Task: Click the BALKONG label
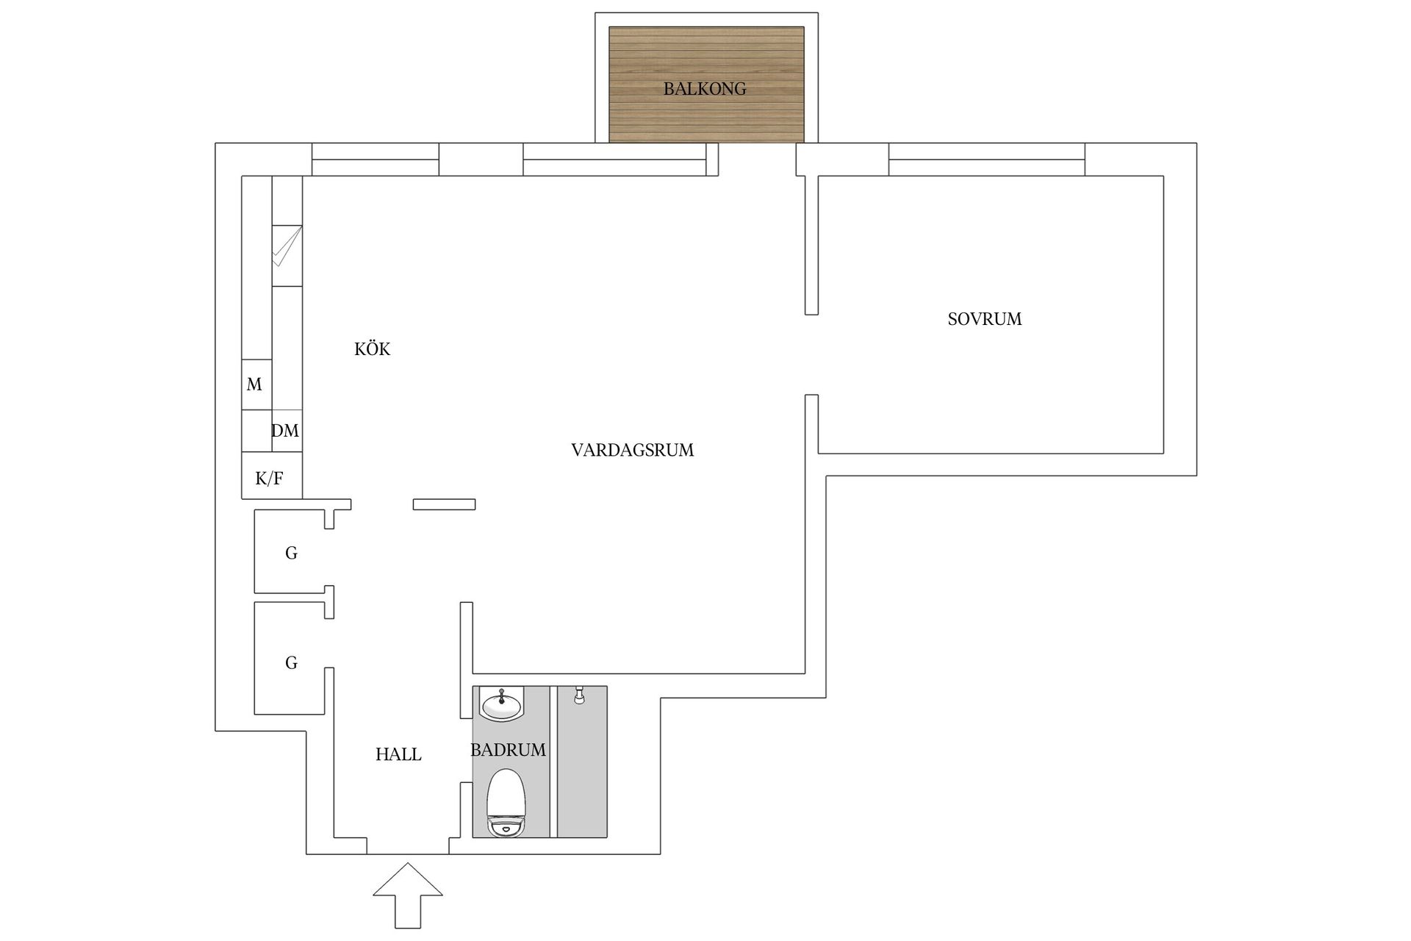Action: point(704,89)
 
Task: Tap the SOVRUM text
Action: point(984,319)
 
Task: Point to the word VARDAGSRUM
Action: point(632,450)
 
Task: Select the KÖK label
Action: point(372,349)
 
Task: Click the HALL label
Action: point(398,754)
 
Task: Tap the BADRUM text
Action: point(508,750)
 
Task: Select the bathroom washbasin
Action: point(501,704)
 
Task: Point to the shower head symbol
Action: point(579,695)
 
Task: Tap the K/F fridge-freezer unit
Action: point(269,479)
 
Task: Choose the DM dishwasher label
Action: point(285,431)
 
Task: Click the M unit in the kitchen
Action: point(255,384)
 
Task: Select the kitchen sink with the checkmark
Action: point(287,255)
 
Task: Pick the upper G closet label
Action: point(291,554)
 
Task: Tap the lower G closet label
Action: point(291,663)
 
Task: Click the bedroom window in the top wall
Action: point(986,160)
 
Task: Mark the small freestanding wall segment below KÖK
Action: point(444,504)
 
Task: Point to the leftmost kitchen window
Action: point(376,160)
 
